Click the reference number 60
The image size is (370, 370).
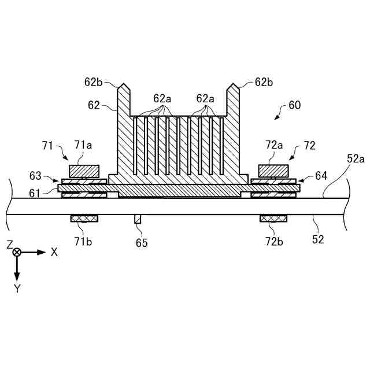pyautogui.click(x=294, y=105)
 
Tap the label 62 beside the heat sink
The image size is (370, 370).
pyautogui.click(x=94, y=105)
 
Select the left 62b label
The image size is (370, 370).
pyautogui.click(x=94, y=82)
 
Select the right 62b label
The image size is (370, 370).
pyautogui.click(x=264, y=82)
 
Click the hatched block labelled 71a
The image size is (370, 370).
pyautogui.click(x=84, y=171)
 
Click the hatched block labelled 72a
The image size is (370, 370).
pyautogui.click(x=273, y=171)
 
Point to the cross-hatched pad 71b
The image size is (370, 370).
pyautogui.click(x=84, y=219)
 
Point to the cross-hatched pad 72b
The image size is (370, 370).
pyautogui.click(x=273, y=219)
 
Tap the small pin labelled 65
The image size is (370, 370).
pyautogui.click(x=138, y=219)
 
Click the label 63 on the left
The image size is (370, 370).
pyautogui.click(x=36, y=175)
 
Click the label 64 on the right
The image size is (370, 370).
pyautogui.click(x=321, y=175)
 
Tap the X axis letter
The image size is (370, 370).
pyautogui.click(x=54, y=252)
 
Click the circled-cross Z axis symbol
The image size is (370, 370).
pyautogui.click(x=17, y=252)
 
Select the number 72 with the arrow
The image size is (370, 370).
pyautogui.click(x=309, y=146)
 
